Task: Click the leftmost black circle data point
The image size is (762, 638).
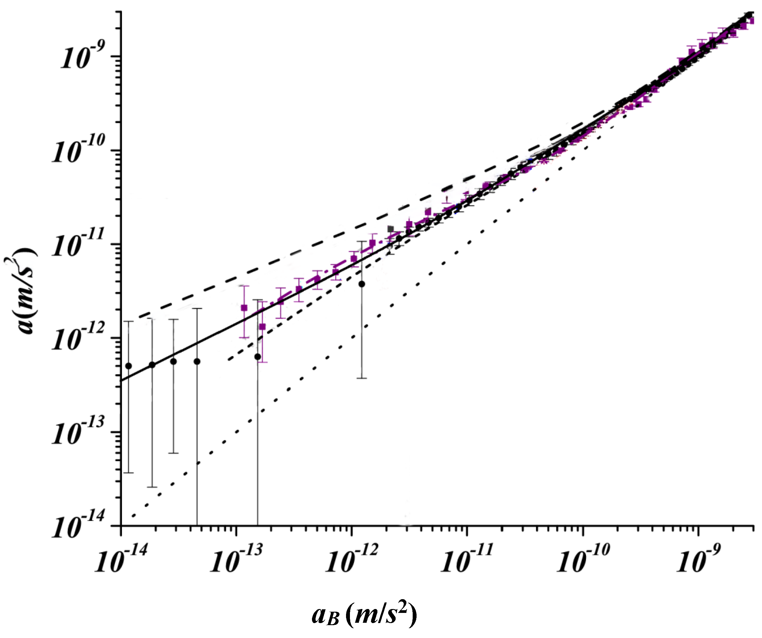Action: pos(128,366)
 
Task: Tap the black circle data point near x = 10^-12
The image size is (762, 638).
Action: pos(362,284)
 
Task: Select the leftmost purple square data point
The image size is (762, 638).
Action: pos(244,308)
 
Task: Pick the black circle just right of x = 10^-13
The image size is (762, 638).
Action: pos(258,357)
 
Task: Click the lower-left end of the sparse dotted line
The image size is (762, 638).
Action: pos(134,516)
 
